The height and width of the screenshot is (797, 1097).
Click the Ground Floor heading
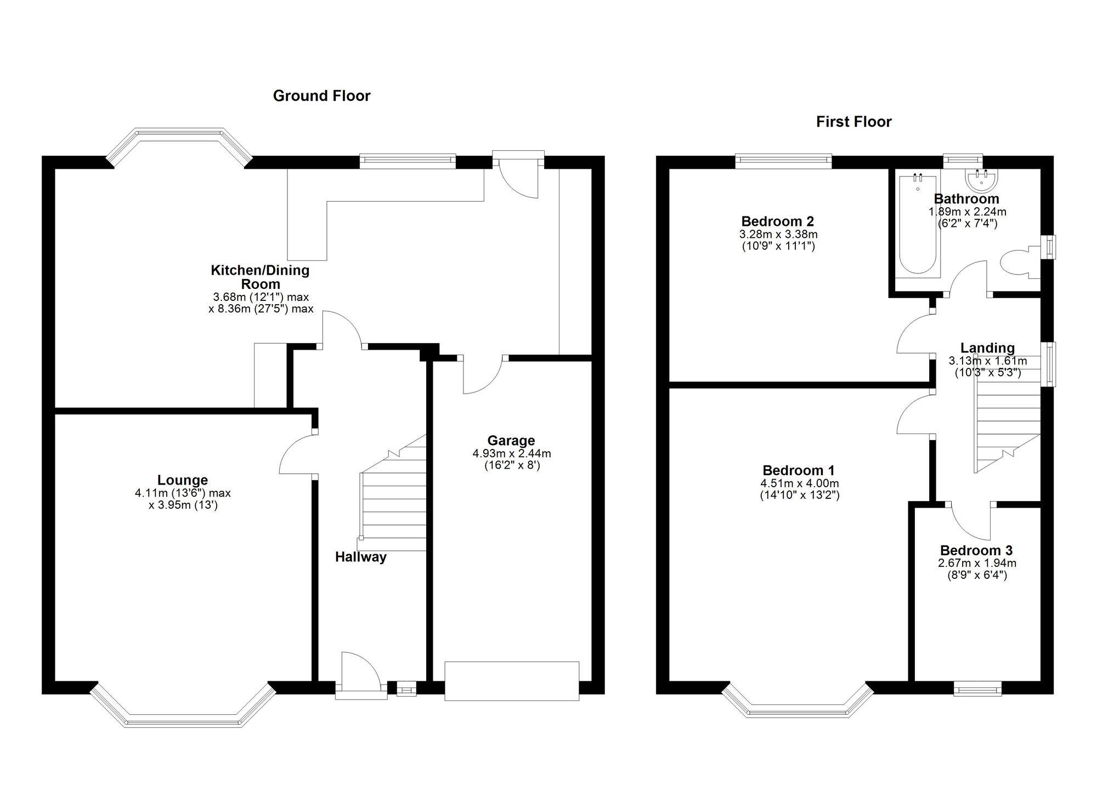point(321,96)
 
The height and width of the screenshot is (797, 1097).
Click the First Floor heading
point(853,122)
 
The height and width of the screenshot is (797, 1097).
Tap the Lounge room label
point(183,480)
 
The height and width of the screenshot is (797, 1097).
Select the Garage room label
point(511,441)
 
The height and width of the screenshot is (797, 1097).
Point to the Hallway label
point(361,557)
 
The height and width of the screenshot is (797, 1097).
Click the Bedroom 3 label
point(976,550)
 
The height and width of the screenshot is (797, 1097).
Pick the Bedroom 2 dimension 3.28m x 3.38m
point(778,235)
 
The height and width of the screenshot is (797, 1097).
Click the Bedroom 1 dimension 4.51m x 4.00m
point(799,483)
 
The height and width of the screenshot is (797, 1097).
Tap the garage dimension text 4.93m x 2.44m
point(512,453)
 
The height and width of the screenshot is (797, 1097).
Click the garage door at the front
point(512,681)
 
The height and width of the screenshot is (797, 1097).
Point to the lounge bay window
point(183,708)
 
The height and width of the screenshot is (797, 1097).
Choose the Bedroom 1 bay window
point(798,702)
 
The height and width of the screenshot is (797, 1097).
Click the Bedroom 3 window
point(978,688)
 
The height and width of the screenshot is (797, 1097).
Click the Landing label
point(987,348)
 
